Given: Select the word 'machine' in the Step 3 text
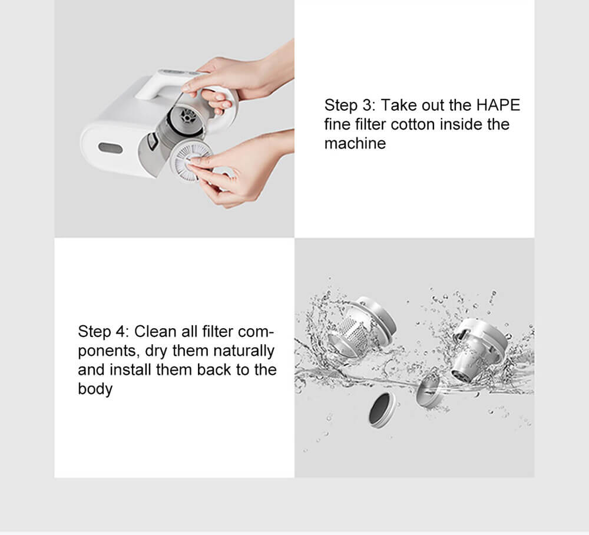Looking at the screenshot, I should (355, 143).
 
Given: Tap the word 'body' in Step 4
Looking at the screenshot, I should (95, 389).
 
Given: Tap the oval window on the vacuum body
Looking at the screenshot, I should (111, 148).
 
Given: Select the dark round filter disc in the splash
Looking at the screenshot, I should (382, 410).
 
